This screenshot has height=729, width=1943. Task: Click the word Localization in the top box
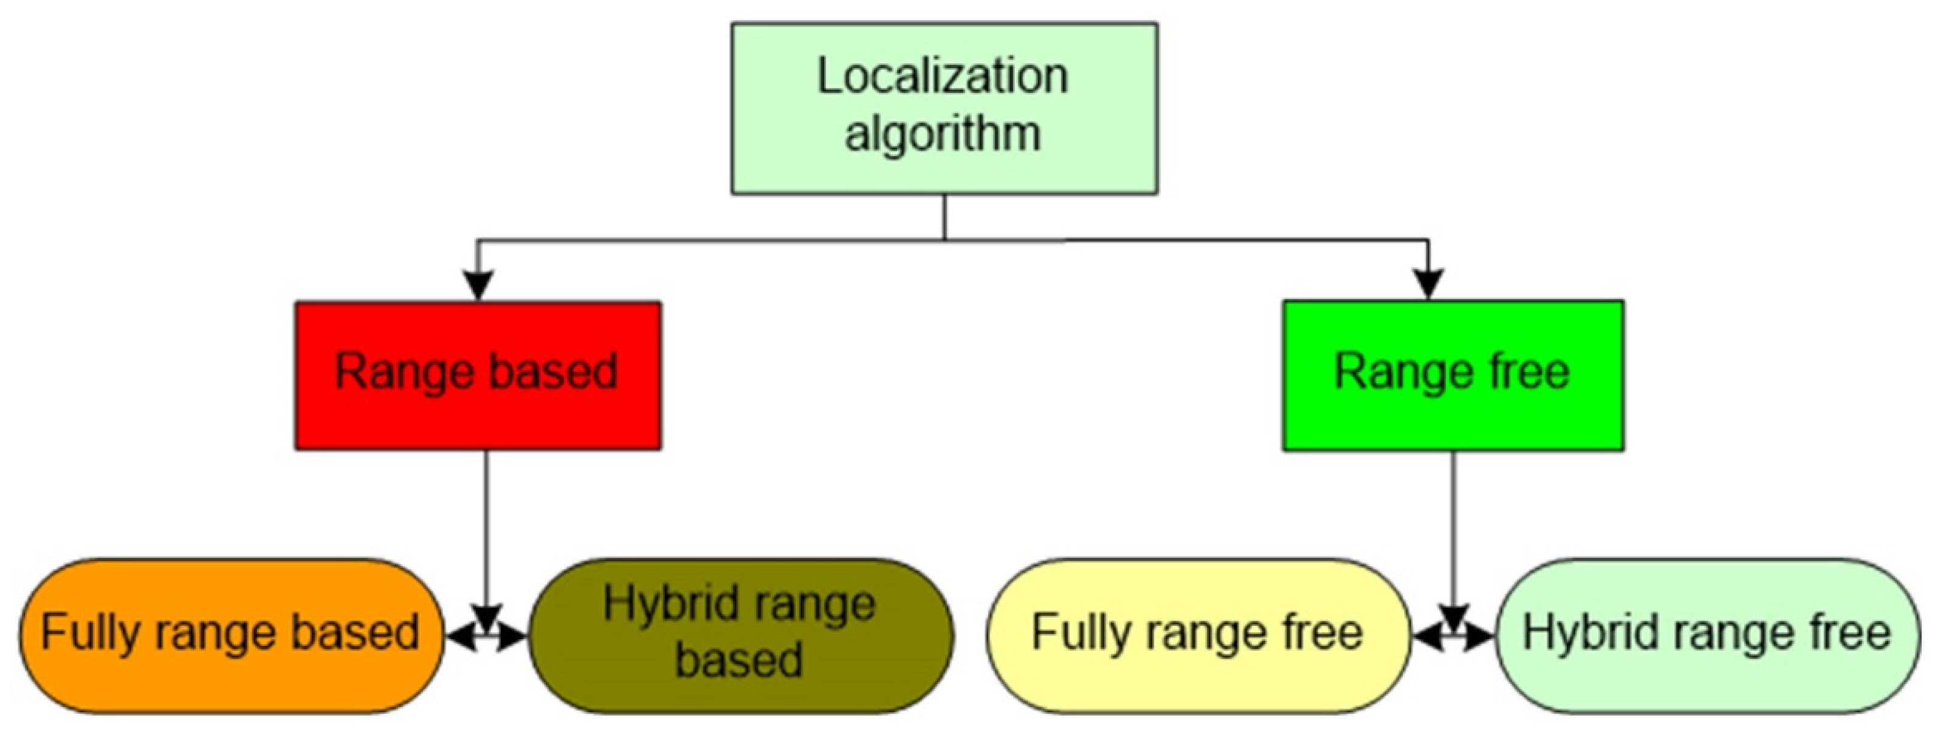(943, 77)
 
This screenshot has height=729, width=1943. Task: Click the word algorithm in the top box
(943, 134)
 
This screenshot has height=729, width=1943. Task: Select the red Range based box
(478, 375)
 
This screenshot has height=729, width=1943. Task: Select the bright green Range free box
(1453, 375)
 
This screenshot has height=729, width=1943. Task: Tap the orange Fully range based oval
(230, 635)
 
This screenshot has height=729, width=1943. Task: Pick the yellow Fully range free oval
(1198, 635)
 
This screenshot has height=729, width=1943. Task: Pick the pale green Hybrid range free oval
(1707, 635)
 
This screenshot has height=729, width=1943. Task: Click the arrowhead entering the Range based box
(478, 284)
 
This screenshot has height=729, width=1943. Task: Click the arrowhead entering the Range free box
(1428, 284)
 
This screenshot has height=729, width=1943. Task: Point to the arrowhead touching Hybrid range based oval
(512, 638)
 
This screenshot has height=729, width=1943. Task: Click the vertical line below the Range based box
(486, 528)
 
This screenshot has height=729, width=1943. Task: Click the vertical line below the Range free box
(1454, 528)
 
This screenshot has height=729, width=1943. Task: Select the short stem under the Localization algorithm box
(944, 217)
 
